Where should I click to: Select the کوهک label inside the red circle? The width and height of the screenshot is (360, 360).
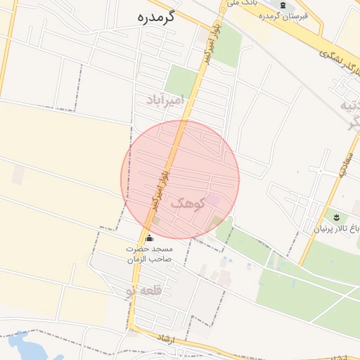click(x=188, y=202)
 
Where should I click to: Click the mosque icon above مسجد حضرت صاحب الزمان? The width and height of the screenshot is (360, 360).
click(x=148, y=238)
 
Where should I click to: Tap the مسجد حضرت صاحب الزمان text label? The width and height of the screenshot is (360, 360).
click(x=149, y=254)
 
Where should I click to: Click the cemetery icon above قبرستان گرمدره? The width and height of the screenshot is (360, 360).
click(x=283, y=6)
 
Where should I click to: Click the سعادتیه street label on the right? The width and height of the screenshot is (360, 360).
click(x=346, y=165)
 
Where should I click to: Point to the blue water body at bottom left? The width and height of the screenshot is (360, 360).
click(x=25, y=347)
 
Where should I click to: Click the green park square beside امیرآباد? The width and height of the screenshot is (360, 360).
click(x=182, y=80)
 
